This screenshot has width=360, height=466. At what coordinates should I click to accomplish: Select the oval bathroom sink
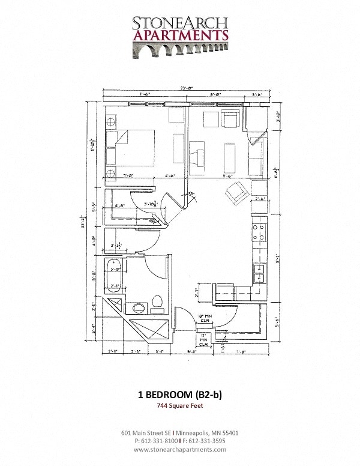pos(139,309)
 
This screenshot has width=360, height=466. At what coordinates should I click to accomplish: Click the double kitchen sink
pos(259,273)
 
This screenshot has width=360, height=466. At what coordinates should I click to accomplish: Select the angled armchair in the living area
pos(235,193)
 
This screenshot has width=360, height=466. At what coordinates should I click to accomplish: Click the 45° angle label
pos(191,194)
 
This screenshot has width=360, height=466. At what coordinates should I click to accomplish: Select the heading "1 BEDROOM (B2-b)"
pos(180,395)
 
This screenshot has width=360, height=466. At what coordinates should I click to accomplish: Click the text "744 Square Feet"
pos(180,407)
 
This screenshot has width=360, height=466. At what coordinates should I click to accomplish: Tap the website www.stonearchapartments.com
pos(180,449)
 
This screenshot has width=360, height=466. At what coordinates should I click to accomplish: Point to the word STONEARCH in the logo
pos(180,23)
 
